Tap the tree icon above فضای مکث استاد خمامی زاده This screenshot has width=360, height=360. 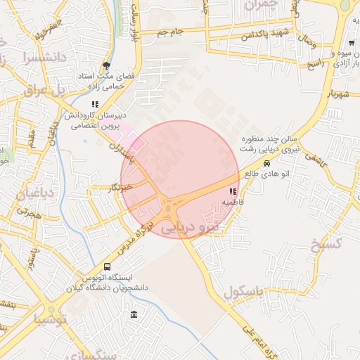105,63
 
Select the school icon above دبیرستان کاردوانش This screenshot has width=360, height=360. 94,105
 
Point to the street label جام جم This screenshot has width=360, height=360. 170,32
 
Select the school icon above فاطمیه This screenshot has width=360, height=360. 233,191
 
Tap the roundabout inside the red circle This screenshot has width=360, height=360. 169,207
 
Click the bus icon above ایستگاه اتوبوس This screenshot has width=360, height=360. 107,266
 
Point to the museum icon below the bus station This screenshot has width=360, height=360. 134,314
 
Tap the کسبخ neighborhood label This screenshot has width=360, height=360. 345,245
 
